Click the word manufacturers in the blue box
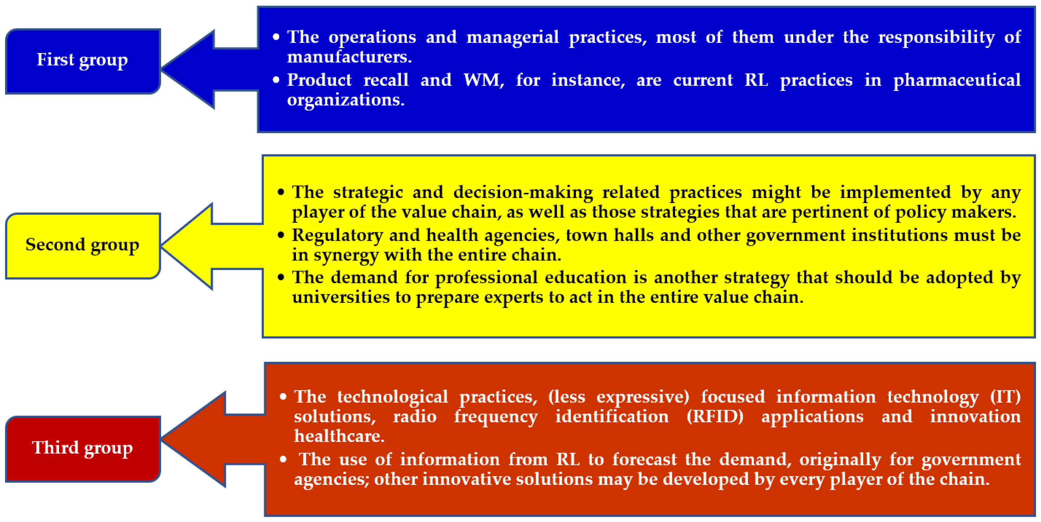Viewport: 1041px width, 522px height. pos(349,57)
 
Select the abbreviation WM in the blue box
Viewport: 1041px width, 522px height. pos(483,80)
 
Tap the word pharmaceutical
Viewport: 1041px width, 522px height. pos(957,80)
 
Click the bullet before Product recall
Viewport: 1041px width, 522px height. pos(276,80)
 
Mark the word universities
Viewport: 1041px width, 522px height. pos(341,297)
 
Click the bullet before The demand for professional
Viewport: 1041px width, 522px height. pos(281,277)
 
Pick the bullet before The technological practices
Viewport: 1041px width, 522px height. pos(283,397)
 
